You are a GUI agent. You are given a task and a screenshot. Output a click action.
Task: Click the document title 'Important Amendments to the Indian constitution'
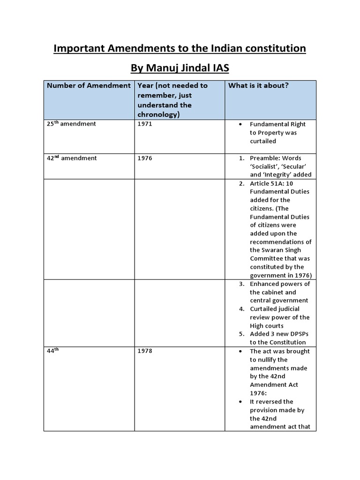tap(180, 48)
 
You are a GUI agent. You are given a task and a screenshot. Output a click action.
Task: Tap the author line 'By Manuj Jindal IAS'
tap(180, 69)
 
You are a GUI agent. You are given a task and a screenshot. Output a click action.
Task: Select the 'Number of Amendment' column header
tap(89, 85)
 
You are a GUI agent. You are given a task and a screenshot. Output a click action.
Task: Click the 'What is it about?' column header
tap(258, 85)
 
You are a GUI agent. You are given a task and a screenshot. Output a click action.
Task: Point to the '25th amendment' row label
tap(71, 124)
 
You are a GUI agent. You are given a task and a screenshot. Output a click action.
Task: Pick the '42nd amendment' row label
tap(71, 158)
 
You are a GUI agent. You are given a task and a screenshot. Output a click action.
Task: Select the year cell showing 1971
tap(145, 124)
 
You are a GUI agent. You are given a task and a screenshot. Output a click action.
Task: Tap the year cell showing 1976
tap(145, 158)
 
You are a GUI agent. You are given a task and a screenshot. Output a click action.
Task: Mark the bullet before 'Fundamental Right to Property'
tap(240, 125)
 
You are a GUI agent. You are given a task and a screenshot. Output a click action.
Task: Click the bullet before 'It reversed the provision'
tap(240, 402)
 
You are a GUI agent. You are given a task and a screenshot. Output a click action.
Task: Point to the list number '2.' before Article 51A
tap(241, 183)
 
